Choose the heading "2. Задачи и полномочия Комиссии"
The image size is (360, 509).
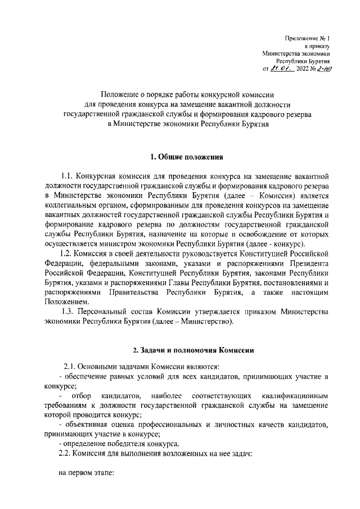pyautogui.click(x=185, y=350)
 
